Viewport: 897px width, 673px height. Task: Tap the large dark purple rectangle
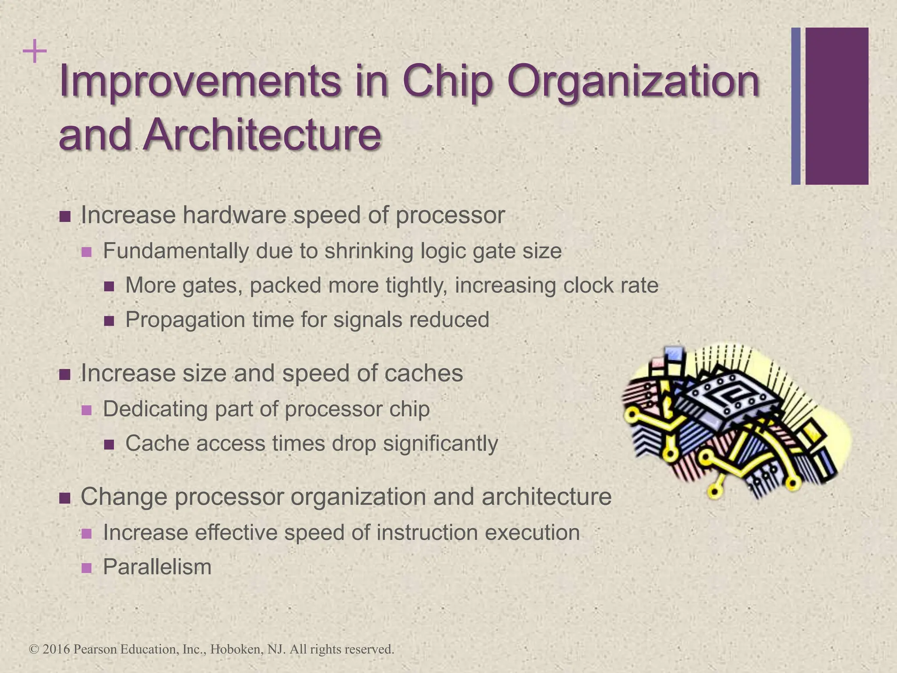[837, 106]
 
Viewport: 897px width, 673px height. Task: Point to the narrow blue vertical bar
[796, 106]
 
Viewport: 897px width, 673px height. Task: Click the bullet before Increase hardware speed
[65, 216]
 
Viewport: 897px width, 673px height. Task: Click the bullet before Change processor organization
[65, 498]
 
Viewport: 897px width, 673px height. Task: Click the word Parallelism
[157, 567]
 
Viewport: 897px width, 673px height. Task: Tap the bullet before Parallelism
[87, 568]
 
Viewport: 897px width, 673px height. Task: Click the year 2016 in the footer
[57, 649]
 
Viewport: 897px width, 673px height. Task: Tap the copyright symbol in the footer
[34, 649]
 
